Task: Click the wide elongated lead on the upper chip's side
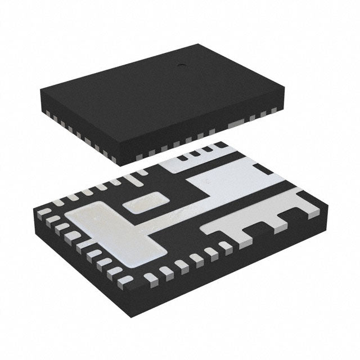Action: [236, 123]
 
